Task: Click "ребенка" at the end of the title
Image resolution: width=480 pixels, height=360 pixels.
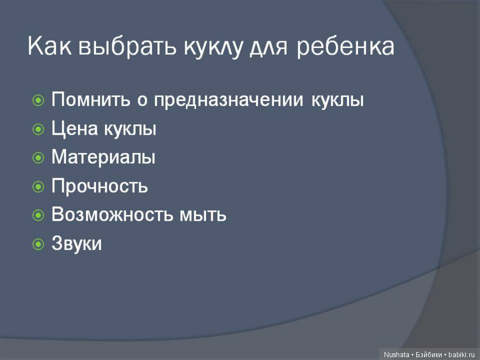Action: point(345,47)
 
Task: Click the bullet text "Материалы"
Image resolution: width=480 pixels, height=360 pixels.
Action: point(103,157)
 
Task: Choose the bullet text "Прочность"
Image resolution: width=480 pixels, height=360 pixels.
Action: point(99,186)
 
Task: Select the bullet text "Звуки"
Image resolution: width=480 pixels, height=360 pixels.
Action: point(77,244)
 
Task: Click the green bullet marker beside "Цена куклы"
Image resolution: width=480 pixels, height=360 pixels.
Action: point(38,130)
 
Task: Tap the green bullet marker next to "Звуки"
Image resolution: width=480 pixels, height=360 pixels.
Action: point(38,244)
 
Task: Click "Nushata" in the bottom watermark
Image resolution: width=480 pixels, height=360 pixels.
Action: point(396,354)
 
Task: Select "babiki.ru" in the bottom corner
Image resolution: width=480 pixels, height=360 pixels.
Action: point(463,354)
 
